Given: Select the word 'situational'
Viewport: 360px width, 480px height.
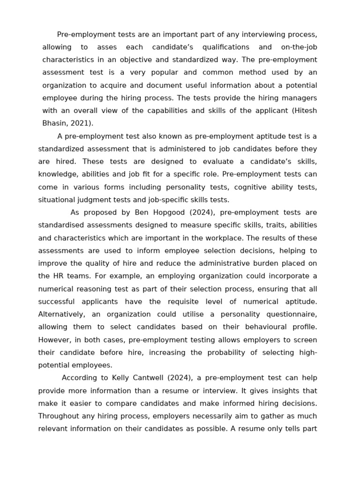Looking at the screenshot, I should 57,200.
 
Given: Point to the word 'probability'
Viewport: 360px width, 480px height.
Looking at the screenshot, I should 225,352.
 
